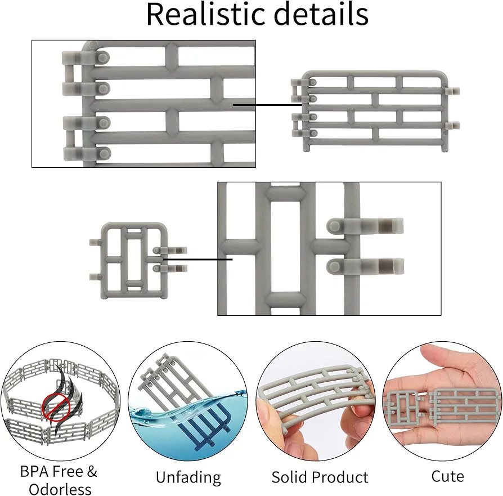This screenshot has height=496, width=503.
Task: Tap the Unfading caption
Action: click(188, 477)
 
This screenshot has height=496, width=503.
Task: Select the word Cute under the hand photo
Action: click(447, 476)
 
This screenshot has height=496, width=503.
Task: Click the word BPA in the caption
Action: click(34, 472)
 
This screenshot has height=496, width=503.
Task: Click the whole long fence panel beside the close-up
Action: click(375, 111)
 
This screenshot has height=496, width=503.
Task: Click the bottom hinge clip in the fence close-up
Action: click(87, 154)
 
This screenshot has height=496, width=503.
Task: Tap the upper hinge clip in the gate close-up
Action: click(365, 226)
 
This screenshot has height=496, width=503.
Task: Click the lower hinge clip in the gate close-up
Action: click(365, 266)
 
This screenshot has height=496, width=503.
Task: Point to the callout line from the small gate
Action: click(197, 259)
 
